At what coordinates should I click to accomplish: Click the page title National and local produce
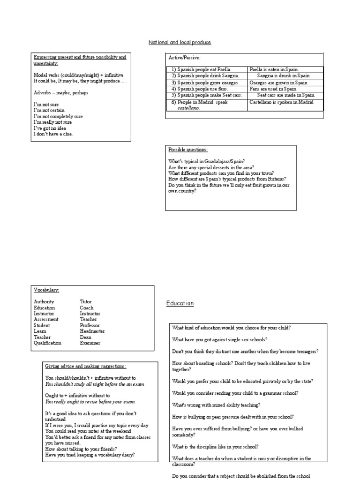click(180, 43)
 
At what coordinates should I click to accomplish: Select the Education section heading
click(180, 303)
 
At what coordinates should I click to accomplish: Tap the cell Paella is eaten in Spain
click(274, 69)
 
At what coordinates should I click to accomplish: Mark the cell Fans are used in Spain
click(273, 89)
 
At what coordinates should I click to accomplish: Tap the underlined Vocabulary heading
click(46, 290)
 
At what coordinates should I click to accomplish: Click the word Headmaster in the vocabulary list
click(92, 331)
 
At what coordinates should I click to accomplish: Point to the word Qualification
click(47, 343)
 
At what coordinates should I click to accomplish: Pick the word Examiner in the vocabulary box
click(90, 343)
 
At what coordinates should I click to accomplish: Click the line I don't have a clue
click(53, 134)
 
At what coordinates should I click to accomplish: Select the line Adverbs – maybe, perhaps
click(61, 92)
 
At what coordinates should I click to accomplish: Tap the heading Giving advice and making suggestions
click(85, 366)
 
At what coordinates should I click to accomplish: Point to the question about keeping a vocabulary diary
click(90, 454)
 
